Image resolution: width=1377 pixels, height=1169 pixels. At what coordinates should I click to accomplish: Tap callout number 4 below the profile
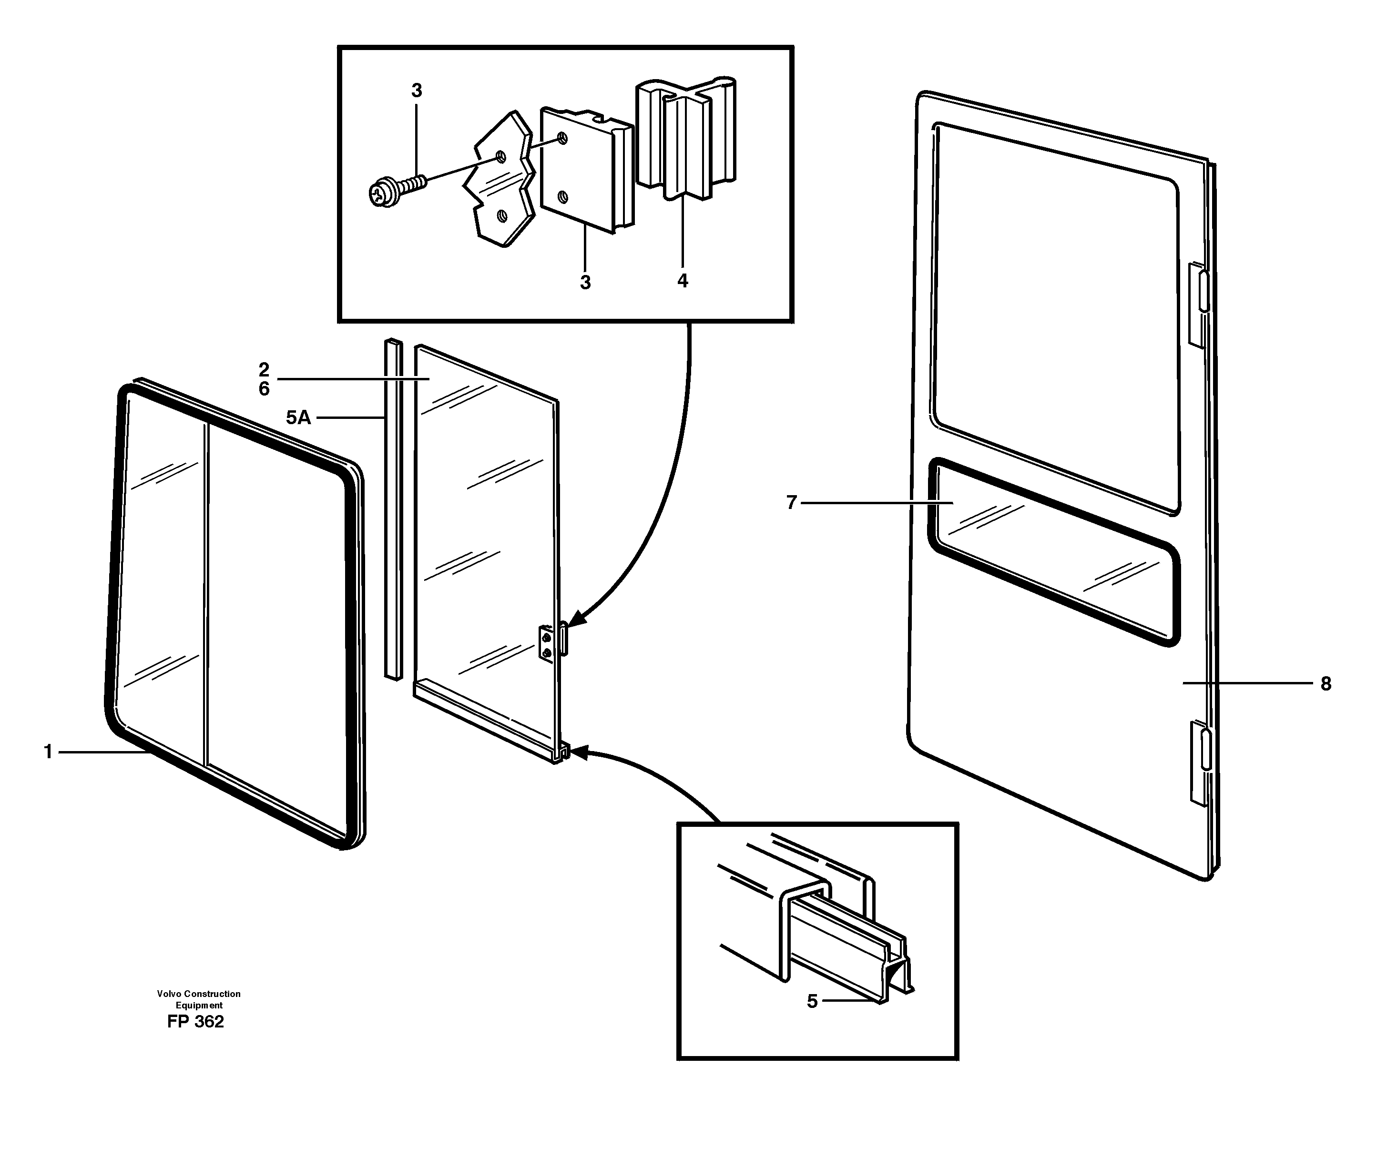click(x=683, y=281)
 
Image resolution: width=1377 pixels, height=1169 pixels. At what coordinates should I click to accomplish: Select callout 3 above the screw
click(x=416, y=91)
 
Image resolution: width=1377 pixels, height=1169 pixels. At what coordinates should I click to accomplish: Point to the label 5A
click(x=298, y=417)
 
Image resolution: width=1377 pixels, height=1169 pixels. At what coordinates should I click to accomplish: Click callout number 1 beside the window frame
click(x=48, y=752)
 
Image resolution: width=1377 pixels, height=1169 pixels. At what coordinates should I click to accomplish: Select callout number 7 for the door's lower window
click(x=791, y=503)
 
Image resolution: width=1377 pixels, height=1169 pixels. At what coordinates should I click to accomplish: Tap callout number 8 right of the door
click(x=1326, y=684)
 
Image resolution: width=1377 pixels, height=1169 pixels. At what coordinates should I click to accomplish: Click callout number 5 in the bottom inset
click(x=812, y=1001)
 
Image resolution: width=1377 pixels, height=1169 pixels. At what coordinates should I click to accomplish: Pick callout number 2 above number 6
click(x=264, y=370)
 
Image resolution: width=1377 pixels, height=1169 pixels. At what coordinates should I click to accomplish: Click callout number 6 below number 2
click(x=264, y=389)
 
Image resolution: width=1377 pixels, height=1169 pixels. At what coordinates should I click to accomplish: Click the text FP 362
click(x=195, y=1022)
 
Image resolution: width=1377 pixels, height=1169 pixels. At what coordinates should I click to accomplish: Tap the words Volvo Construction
click(x=198, y=993)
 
